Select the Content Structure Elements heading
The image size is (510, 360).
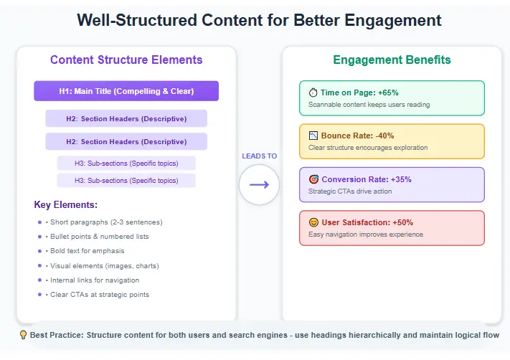pos(126,60)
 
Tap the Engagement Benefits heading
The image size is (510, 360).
pos(392,60)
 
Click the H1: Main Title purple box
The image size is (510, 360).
pos(126,91)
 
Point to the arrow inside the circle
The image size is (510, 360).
pos(259,185)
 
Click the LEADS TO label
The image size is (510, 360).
pos(259,156)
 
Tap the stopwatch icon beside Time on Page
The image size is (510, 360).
pos(313,93)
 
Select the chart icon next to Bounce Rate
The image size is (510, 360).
pos(313,136)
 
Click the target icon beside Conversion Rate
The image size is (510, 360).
pos(313,179)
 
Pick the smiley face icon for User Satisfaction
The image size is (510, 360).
pos(313,222)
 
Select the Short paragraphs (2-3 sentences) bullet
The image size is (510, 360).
pos(105,222)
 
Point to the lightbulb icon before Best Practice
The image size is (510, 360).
pos(23,335)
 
